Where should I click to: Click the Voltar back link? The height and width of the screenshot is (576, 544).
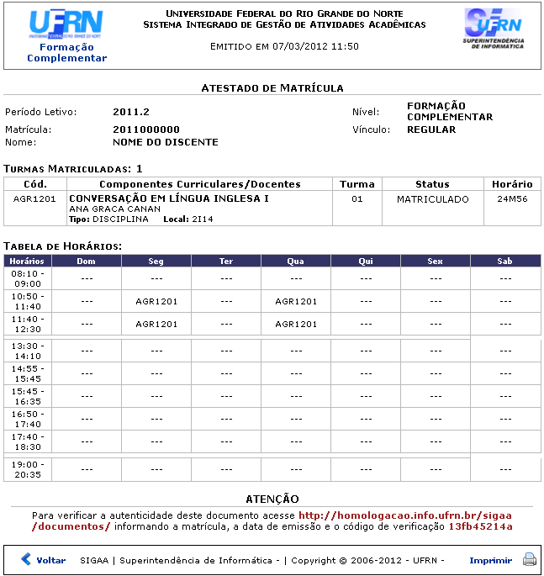44,560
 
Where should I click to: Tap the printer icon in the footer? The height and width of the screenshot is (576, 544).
530,560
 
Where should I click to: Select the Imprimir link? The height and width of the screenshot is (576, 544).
490,560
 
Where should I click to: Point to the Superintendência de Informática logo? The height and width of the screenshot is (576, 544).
494,29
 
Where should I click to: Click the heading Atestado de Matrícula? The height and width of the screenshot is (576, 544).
272,87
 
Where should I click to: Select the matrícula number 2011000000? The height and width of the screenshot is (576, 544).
146,129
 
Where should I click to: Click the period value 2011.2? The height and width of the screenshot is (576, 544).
130,112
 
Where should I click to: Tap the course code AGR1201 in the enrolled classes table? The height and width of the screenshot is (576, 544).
35,199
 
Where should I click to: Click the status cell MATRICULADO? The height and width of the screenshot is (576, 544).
432,199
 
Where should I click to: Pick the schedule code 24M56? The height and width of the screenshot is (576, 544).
512,199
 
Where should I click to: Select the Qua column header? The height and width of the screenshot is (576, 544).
295,262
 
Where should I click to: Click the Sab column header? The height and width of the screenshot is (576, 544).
504,262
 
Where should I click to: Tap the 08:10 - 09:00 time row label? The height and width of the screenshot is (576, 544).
28,278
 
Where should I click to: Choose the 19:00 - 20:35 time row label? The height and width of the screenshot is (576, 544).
28,469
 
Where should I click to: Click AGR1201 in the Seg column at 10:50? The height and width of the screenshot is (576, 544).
156,301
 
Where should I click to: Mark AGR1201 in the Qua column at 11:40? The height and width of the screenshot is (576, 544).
296,324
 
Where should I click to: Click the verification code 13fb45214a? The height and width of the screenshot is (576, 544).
480,526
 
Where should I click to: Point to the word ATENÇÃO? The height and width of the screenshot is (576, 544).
272,499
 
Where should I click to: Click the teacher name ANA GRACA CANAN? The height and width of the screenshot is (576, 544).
114,209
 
